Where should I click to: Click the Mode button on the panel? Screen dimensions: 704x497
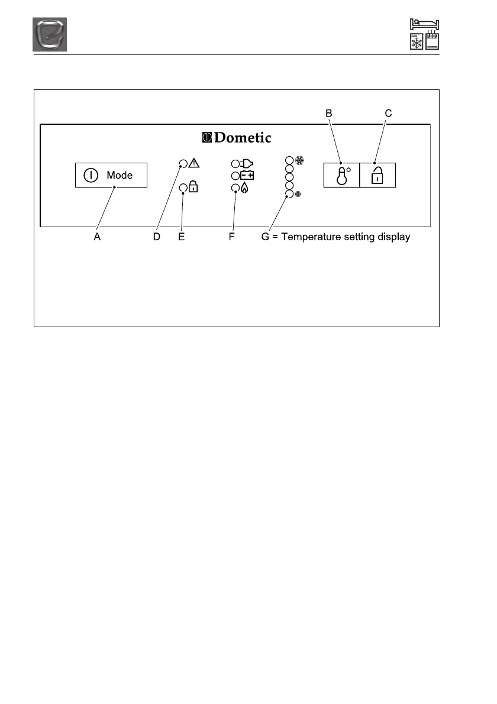pyautogui.click(x=111, y=175)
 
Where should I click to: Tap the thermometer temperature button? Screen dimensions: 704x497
pyautogui.click(x=341, y=175)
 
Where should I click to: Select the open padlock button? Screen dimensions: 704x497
pyautogui.click(x=377, y=175)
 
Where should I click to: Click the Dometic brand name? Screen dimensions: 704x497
pyautogui.click(x=243, y=138)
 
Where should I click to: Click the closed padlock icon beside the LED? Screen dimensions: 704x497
pyautogui.click(x=193, y=188)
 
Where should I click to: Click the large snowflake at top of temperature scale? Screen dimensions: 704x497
pyautogui.click(x=299, y=160)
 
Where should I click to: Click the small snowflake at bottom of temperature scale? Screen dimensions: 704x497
pyautogui.click(x=298, y=193)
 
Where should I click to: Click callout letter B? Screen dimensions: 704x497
pyautogui.click(x=329, y=112)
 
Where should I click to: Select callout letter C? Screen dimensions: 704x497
pyautogui.click(x=388, y=112)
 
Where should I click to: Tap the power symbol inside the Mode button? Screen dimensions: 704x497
pyautogui.click(x=91, y=175)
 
